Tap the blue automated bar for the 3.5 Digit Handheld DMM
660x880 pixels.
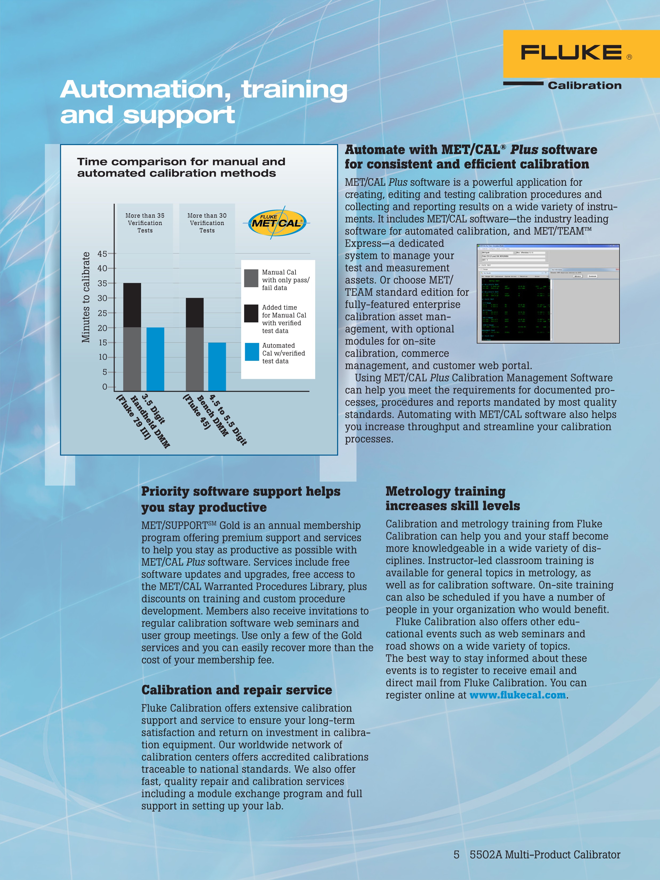155,359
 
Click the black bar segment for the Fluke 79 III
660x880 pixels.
132,305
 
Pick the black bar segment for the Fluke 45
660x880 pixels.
195,313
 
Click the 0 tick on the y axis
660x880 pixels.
105,387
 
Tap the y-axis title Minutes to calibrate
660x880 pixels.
86,297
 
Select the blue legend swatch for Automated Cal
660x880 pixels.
251,352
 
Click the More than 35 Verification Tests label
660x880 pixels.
145,223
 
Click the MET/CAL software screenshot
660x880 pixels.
548,294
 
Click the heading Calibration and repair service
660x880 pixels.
236,690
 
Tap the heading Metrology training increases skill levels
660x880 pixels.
452,498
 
